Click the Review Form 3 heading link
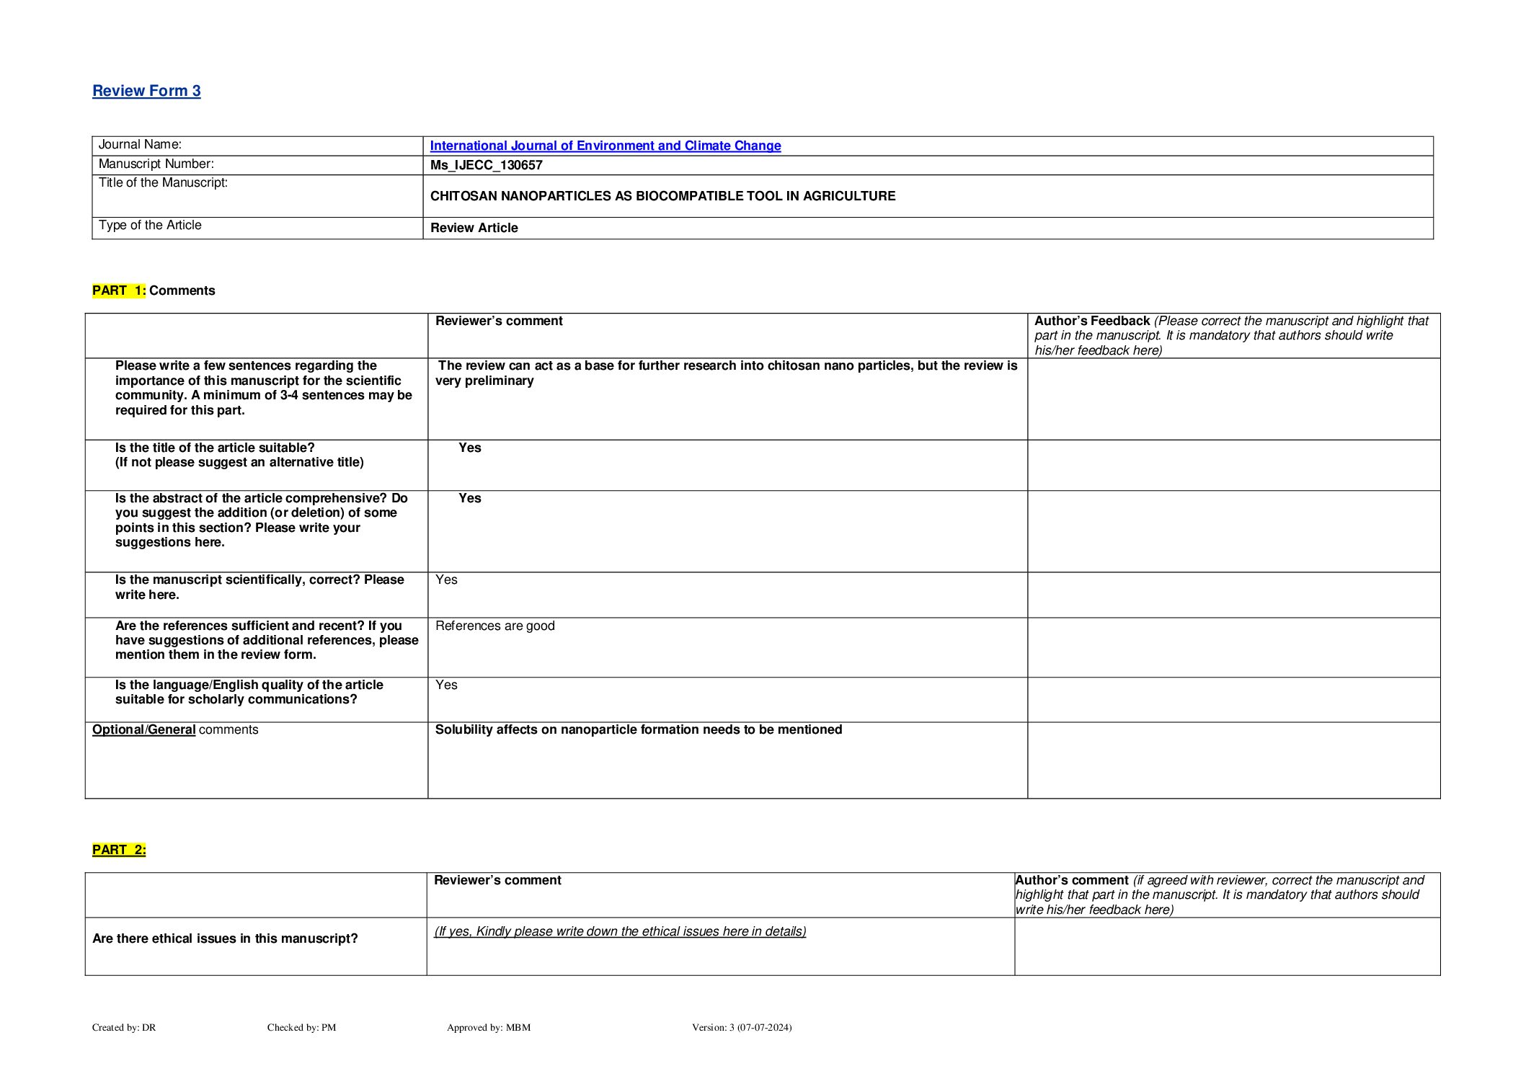point(146,91)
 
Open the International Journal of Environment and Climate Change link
point(605,146)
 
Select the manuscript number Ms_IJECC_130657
point(486,165)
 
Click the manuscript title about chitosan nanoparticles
point(662,196)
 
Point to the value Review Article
point(474,228)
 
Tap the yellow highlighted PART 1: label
point(119,290)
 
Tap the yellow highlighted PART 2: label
point(119,850)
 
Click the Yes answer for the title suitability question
point(469,448)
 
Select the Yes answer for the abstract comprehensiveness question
point(469,498)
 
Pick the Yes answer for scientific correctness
point(446,580)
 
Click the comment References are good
point(494,626)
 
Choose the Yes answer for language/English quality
point(446,685)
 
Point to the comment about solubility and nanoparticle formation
point(638,729)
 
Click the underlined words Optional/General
point(143,729)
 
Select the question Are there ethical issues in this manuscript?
point(225,938)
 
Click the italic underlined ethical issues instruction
point(620,931)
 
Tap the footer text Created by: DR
point(124,1027)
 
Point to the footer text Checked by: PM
point(301,1027)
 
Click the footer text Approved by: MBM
point(488,1027)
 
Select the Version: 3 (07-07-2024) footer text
point(741,1027)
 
